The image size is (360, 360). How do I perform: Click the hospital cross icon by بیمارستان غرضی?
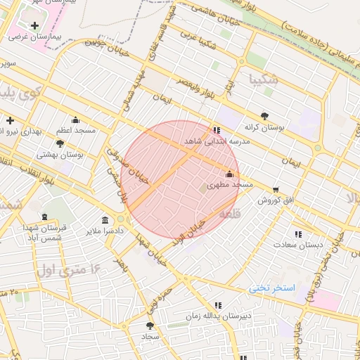[34, 25]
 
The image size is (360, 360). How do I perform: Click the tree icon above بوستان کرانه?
[264, 116]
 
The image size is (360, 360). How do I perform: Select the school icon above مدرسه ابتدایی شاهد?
[216, 130]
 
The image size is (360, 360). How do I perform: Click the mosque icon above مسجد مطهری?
[229, 174]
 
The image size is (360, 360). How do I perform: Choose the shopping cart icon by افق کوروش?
[275, 189]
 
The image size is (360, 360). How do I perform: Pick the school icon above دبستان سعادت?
[298, 234]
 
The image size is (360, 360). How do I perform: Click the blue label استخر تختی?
[271, 289]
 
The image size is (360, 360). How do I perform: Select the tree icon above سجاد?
[150, 326]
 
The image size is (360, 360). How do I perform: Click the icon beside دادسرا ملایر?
[105, 220]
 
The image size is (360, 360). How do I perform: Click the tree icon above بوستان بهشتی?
[60, 143]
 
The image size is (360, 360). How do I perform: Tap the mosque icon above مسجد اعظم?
[75, 120]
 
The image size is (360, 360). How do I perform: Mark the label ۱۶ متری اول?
[67, 269]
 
